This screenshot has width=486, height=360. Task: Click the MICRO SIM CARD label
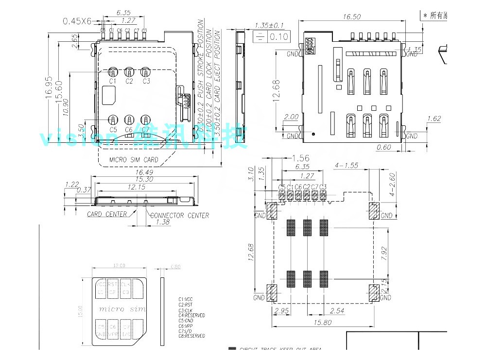tap(134, 159)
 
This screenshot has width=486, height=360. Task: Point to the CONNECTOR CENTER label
tap(180, 216)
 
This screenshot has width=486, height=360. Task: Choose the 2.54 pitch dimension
tap(337, 310)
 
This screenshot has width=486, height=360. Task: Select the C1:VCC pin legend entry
tap(187, 299)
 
